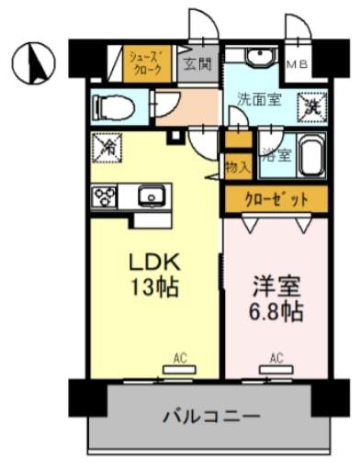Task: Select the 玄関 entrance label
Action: click(x=197, y=63)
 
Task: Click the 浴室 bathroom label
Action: click(x=275, y=154)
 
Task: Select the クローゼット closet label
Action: click(x=275, y=198)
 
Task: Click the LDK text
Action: click(x=153, y=262)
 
